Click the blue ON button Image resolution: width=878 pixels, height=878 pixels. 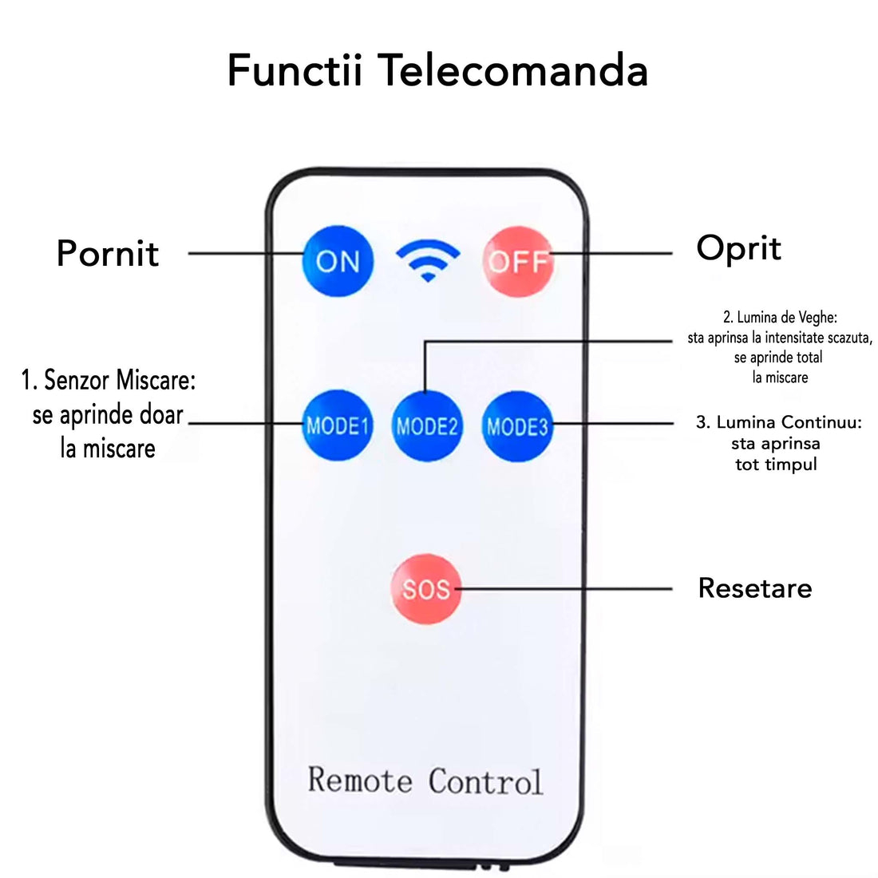point(338,261)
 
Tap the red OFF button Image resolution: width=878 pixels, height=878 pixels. point(517,261)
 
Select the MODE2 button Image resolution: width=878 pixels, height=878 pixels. point(427,426)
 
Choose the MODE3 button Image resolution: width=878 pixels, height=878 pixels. point(517,426)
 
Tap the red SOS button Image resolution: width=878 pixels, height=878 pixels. point(426,589)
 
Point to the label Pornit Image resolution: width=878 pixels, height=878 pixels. point(108,254)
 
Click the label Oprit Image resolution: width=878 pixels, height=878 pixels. point(738,248)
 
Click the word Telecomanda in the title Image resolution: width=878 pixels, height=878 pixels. point(512,70)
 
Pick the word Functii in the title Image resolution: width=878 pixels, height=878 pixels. point(295,70)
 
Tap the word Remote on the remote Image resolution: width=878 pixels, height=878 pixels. point(360,780)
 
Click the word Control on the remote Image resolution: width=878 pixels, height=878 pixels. point(485,781)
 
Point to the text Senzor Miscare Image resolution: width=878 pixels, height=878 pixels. point(120,381)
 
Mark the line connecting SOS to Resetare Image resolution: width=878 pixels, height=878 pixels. point(567,589)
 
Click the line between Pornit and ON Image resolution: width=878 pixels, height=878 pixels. point(243,254)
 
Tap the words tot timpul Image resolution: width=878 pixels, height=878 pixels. point(776,464)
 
